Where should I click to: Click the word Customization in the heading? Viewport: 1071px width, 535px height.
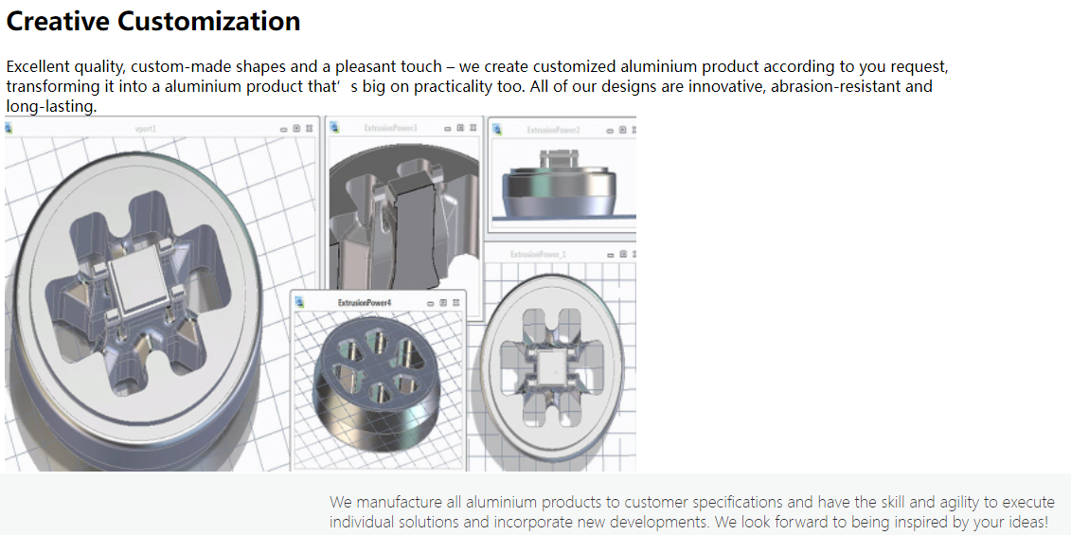211,21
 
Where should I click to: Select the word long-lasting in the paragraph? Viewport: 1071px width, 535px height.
49,106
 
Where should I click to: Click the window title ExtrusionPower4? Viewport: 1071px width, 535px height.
365,302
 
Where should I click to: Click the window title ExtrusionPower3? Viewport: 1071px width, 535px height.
390,128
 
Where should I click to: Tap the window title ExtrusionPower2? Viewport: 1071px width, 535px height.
553,130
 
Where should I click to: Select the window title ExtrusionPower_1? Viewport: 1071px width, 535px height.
538,254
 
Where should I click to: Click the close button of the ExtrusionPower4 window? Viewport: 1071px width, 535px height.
456,302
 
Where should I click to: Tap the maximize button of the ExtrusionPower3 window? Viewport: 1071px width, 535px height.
461,128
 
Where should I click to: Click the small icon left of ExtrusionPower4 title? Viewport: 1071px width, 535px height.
300,302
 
